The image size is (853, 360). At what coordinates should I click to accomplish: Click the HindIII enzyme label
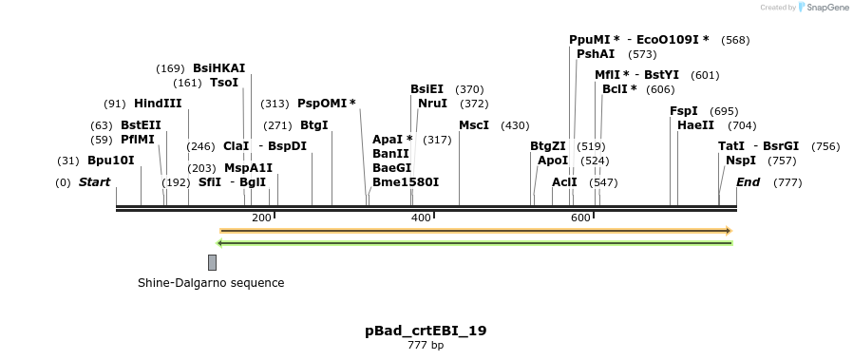point(158,104)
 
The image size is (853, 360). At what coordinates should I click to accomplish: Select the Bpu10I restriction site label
point(111,161)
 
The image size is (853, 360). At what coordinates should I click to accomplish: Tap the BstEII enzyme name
point(141,125)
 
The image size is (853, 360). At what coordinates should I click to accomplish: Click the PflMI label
point(137,140)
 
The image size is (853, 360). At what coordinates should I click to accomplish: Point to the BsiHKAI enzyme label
point(218,68)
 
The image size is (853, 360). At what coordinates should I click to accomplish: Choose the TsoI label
point(224,83)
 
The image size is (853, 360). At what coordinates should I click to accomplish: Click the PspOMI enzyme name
point(326,104)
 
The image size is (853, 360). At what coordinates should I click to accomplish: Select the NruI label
point(432,104)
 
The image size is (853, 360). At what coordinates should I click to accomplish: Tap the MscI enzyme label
point(474,125)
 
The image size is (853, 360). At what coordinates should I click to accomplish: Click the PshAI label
point(596,54)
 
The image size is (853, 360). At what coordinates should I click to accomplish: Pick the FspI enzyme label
point(684,111)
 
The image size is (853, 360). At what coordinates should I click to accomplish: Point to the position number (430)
point(515,125)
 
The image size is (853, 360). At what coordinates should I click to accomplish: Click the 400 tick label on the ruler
point(421,218)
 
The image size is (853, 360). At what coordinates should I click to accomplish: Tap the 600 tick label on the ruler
point(580,218)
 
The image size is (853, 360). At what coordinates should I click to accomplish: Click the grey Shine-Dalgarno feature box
point(212,262)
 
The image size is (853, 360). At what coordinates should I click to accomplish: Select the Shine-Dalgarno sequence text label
point(211,283)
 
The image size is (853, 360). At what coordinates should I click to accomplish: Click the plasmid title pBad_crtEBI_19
point(426,331)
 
